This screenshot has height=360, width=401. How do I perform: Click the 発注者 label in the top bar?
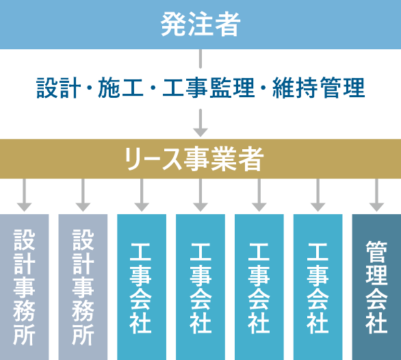pyautogui.click(x=200, y=25)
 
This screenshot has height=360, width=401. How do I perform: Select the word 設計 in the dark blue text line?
pyautogui.click(x=59, y=88)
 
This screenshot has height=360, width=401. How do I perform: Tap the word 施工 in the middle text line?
pyautogui.click(x=120, y=88)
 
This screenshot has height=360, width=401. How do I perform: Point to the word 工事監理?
pyautogui.click(x=209, y=88)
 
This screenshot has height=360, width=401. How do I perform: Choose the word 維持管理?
pyautogui.click(x=319, y=88)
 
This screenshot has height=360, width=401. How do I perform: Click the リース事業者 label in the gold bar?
pyautogui.click(x=194, y=159)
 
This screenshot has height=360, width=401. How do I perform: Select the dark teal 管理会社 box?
pyautogui.click(x=376, y=287)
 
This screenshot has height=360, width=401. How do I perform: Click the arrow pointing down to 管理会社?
pyautogui.click(x=376, y=195)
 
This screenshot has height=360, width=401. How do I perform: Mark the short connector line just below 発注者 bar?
pyautogui.click(x=200, y=59)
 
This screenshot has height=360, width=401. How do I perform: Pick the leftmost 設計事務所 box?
pyautogui.click(x=25, y=287)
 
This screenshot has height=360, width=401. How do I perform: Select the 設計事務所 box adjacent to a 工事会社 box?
pyautogui.click(x=83, y=287)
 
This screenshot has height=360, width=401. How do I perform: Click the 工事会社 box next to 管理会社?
pyautogui.click(x=318, y=287)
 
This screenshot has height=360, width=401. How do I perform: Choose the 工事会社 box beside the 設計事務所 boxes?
pyautogui.click(x=142, y=287)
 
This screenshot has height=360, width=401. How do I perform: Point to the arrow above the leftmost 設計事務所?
pyautogui.click(x=25, y=195)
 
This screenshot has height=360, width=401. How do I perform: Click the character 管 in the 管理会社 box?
pyautogui.click(x=376, y=252)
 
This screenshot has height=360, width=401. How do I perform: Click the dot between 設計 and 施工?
pyautogui.click(x=90, y=88)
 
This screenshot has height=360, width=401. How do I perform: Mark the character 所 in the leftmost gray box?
pyautogui.click(x=25, y=335)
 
